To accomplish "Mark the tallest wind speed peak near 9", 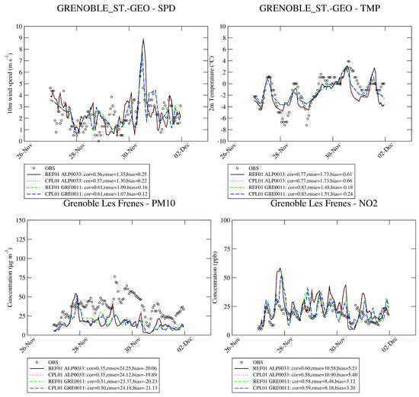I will coord(142,40).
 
